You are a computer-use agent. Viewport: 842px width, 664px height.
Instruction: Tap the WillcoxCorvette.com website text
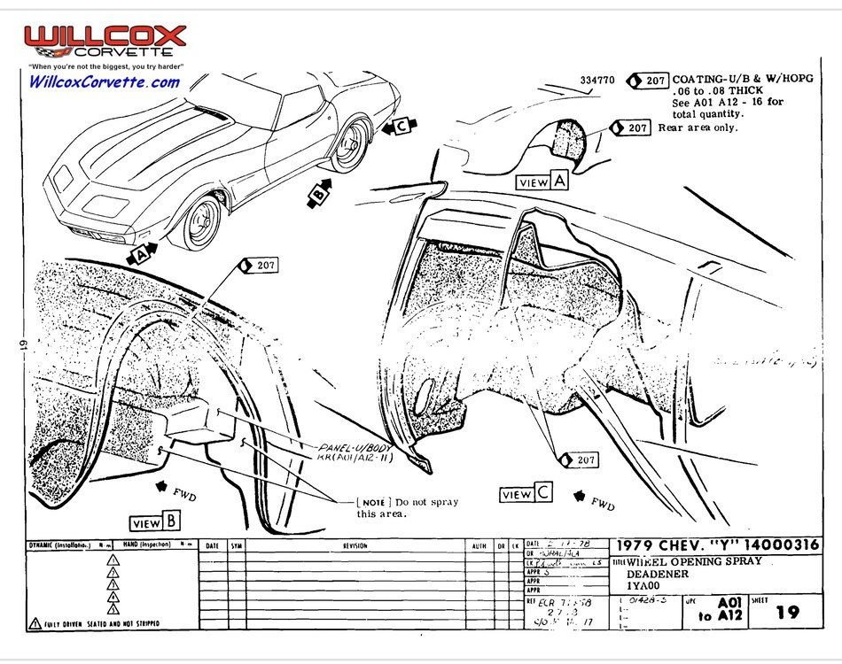(105, 82)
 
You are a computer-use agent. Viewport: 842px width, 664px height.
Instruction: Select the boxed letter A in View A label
(558, 181)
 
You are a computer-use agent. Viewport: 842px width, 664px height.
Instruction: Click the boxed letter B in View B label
(170, 522)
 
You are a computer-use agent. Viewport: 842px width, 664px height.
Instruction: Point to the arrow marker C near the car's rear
(401, 127)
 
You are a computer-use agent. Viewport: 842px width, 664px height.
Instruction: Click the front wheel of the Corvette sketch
(200, 220)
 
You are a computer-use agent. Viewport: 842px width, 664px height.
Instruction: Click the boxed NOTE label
(372, 502)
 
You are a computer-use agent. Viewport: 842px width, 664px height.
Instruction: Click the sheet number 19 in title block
(787, 612)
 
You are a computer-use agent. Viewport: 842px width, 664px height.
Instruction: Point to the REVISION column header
(355, 546)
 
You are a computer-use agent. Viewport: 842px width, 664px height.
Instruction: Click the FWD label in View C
(604, 505)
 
